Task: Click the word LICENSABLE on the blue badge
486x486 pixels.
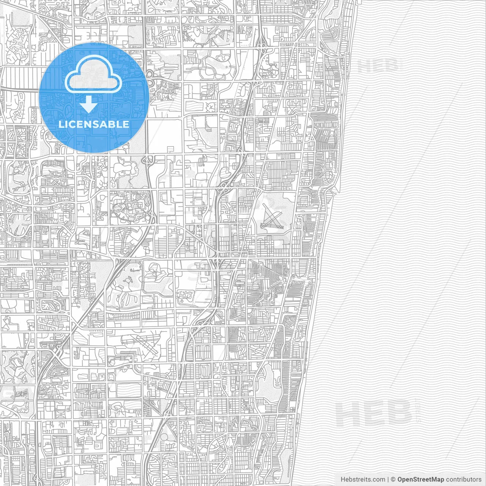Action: tap(94, 124)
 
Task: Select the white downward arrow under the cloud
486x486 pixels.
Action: tap(89, 104)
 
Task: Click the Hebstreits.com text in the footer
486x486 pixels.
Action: tap(363, 480)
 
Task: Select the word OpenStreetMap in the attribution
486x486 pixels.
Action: tap(420, 480)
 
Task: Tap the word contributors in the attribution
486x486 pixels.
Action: tap(464, 480)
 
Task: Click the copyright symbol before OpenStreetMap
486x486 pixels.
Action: tap(393, 480)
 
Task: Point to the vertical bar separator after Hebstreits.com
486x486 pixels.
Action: tap(388, 480)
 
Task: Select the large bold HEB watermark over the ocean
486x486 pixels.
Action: tap(374, 413)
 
